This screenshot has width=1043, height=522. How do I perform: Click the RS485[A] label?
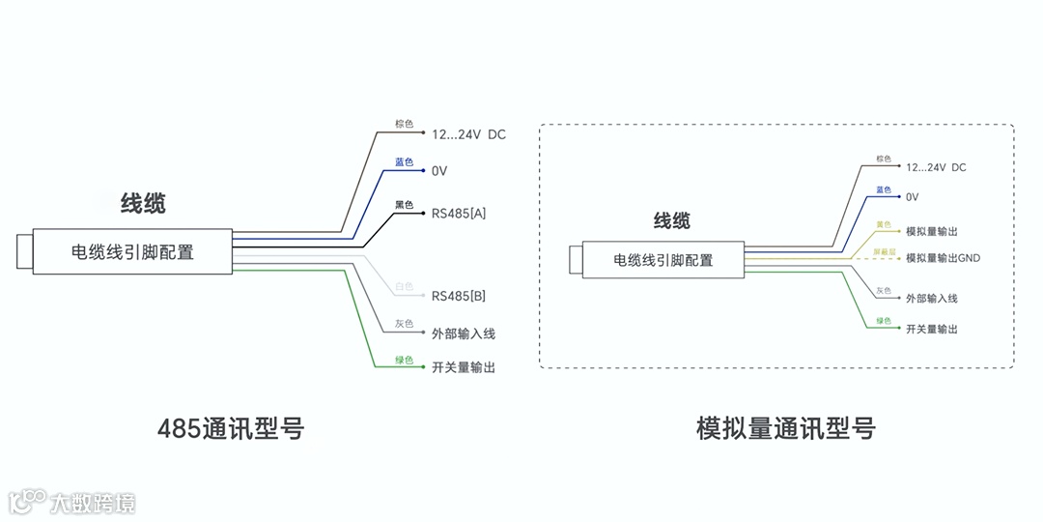click(x=459, y=214)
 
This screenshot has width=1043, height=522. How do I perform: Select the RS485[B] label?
click(x=459, y=296)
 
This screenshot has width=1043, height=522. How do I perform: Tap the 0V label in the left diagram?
click(x=439, y=171)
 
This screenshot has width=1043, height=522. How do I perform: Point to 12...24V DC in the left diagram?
click(x=468, y=134)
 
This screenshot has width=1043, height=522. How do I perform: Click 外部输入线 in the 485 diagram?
click(x=464, y=333)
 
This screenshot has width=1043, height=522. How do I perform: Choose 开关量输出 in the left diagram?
click(x=464, y=368)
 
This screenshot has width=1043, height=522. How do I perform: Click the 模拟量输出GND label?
click(x=943, y=258)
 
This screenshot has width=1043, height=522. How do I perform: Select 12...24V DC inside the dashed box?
click(x=936, y=167)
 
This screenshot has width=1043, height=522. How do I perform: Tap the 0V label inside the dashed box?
click(x=913, y=197)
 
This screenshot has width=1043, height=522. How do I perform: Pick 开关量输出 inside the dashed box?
click(x=932, y=330)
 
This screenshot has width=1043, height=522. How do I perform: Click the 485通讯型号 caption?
click(x=231, y=428)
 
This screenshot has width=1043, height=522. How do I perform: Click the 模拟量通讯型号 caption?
click(x=785, y=428)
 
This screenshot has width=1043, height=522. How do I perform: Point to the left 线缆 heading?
click(x=142, y=204)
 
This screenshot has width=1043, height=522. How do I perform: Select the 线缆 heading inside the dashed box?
click(x=672, y=221)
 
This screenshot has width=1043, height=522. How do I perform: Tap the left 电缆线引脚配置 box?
click(x=132, y=252)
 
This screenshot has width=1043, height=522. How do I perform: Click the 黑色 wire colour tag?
click(x=404, y=205)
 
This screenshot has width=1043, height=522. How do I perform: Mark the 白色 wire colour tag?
click(x=404, y=287)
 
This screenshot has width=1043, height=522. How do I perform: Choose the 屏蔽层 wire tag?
click(x=885, y=251)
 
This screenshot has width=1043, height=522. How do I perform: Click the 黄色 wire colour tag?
click(x=884, y=225)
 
